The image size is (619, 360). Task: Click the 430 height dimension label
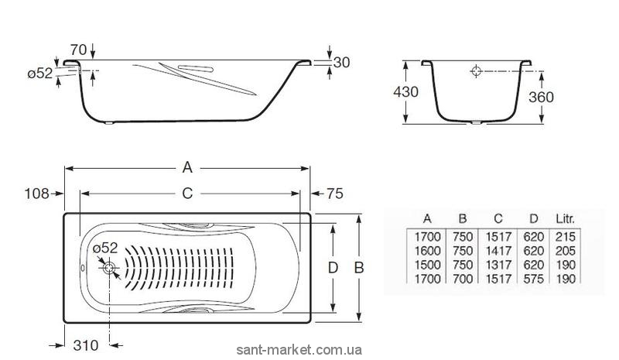coord(405,92)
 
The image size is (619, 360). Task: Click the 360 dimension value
coord(541,97)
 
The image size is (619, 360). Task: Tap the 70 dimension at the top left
coord(79,50)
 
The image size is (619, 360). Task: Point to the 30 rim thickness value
coord(341,63)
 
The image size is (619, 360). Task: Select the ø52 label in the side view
coord(40,73)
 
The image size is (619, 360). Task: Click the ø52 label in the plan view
coord(105,249)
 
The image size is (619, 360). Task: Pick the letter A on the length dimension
coord(187,167)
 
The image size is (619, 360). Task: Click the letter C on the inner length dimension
coord(187,194)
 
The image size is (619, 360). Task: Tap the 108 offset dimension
coord(36,194)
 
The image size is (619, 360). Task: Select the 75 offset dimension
coord(335,194)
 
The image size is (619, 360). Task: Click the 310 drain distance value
coord(86,345)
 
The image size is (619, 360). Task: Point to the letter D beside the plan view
coord(333,268)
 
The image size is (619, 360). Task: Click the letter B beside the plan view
coord(359,268)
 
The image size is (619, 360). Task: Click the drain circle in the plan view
coord(109,268)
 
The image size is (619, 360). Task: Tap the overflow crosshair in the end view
coord(477,71)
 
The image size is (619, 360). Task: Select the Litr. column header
coord(565,218)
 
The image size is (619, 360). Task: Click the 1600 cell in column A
coord(428,251)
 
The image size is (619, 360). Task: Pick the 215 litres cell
coord(566,237)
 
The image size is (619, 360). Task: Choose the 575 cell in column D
coord(534,279)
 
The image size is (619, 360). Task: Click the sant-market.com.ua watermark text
coord(299,350)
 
